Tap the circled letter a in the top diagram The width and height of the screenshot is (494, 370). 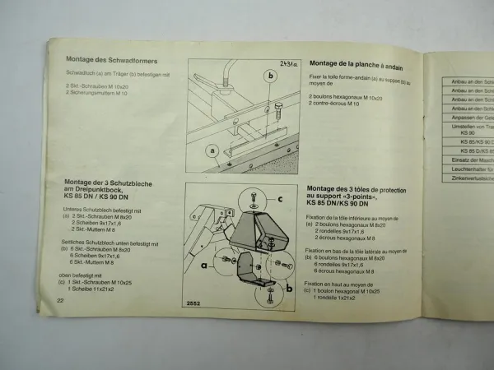[x=213, y=150]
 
